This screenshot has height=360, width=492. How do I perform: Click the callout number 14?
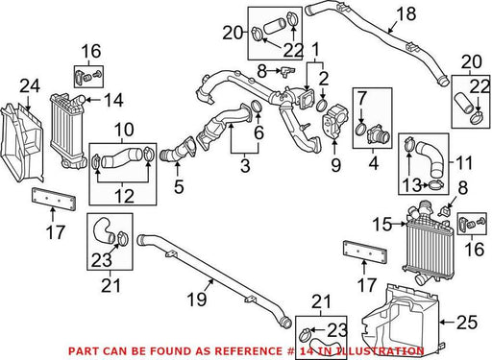(113, 101)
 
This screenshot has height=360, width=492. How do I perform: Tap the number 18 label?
(406, 14)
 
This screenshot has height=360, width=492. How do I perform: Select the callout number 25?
(467, 323)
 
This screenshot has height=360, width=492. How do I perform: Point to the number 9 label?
(335, 165)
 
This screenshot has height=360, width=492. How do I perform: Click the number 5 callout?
(179, 186)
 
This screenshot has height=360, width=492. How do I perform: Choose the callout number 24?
(30, 86)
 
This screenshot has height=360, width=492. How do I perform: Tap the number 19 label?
(197, 300)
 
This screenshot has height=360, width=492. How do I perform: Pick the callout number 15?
(381, 224)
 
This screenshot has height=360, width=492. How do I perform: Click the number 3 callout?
(245, 166)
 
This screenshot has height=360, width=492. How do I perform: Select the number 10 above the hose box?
(124, 131)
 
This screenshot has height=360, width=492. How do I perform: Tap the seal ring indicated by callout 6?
(258, 107)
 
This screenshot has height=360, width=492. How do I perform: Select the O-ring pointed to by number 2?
(322, 106)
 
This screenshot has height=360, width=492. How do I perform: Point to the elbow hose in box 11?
(430, 159)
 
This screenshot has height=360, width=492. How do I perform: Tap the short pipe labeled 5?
(177, 151)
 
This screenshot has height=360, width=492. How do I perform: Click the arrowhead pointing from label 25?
(441, 323)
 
